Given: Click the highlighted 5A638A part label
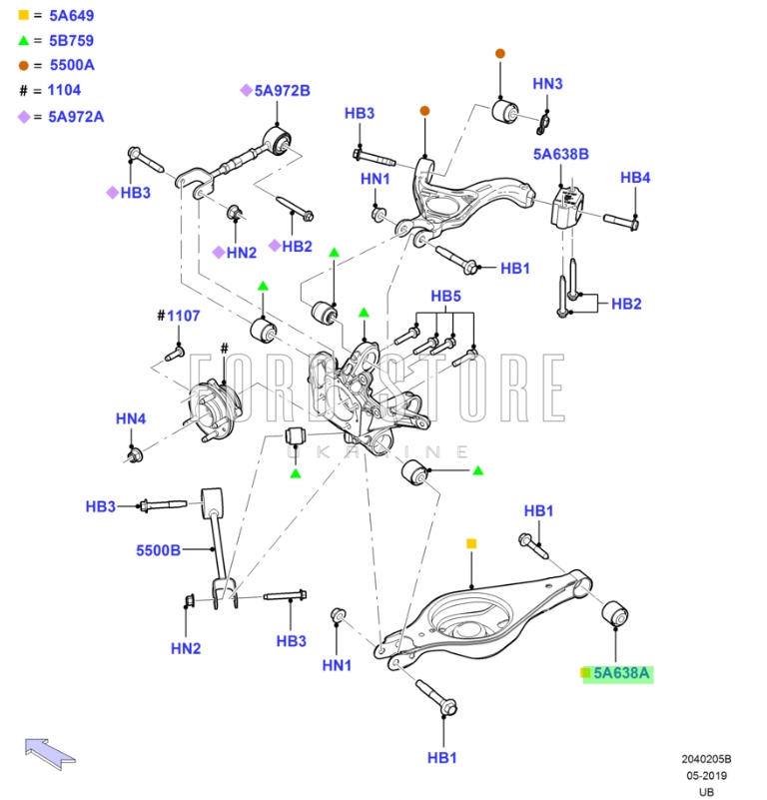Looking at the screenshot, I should pos(621,674).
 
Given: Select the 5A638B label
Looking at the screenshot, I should pos(560,154).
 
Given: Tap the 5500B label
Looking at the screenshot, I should pos(159,549).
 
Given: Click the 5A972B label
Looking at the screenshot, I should pos(282,91).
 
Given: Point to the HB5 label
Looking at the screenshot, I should pos(445,297).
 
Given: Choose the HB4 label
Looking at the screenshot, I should pos(635,178).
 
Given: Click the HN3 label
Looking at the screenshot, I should pos(547,84).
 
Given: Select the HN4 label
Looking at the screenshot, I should pos(131,418).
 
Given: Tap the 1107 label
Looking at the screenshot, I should pos(184,316).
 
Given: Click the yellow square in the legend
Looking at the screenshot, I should pos(23,15).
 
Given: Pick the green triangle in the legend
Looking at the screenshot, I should pos(23,40).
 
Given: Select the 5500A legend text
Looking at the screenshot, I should pos(71,65).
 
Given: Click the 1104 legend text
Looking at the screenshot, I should pos(64,90).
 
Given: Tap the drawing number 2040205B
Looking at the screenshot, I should pos(706,759).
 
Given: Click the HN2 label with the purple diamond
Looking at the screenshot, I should pos(241,253).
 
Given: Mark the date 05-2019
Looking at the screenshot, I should pos(706,776).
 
